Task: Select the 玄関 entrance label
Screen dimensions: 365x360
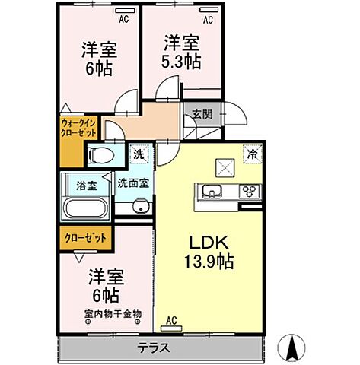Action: point(202,115)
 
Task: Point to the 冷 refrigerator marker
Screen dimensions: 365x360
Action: point(251,153)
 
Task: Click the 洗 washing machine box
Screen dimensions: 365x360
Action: point(138,153)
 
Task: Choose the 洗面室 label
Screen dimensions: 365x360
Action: point(133,182)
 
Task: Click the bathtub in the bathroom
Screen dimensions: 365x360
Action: point(85,208)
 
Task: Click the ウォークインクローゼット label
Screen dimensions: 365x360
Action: point(78,124)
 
